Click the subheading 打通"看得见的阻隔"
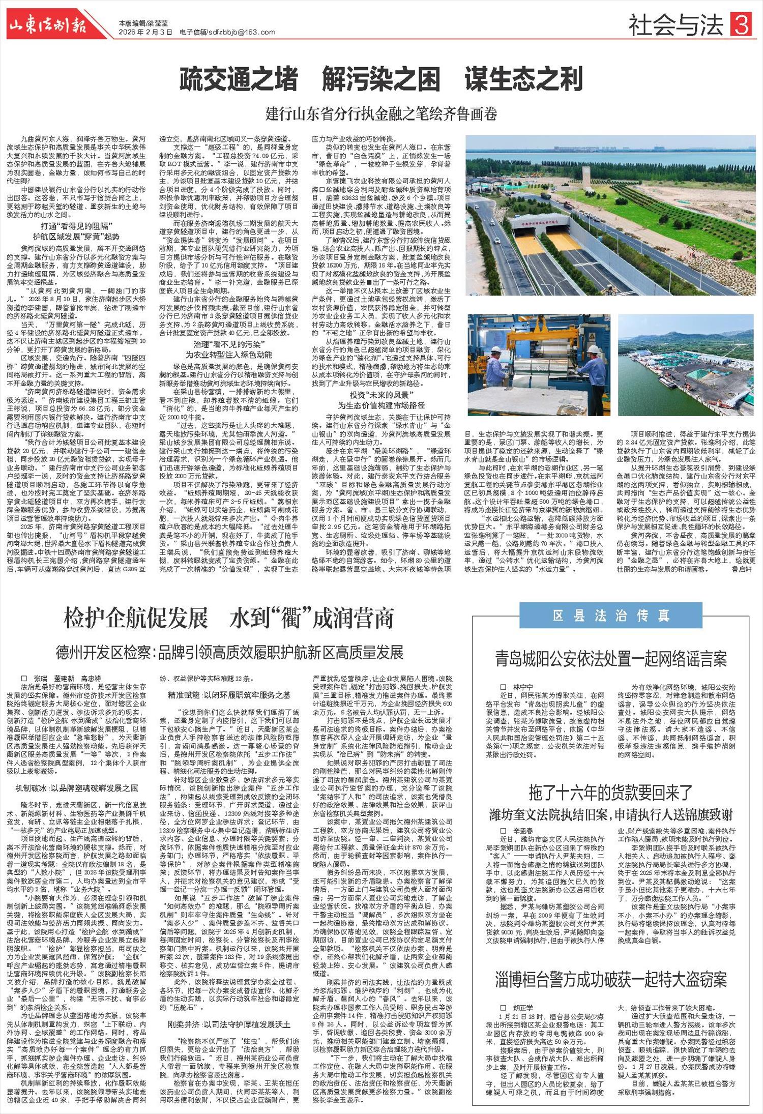(x=76, y=226)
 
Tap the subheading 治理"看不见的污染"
(x=228, y=344)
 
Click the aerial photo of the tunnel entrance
(x=610, y=215)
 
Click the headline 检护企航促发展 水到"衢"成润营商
(x=229, y=619)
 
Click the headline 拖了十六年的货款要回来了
(x=610, y=793)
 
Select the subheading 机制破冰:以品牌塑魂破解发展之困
(x=76, y=788)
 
